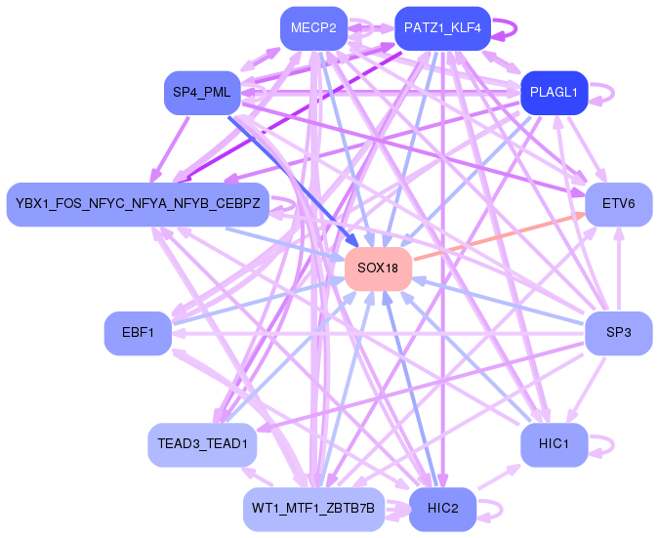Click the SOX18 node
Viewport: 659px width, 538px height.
(x=378, y=269)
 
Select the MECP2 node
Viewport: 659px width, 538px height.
(x=313, y=28)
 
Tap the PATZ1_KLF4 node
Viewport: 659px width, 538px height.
(x=442, y=28)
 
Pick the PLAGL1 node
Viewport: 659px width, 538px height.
(x=554, y=93)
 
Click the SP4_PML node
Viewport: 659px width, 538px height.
(x=202, y=93)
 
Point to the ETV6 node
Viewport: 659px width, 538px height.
(x=619, y=204)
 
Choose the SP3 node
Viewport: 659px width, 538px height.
(x=619, y=333)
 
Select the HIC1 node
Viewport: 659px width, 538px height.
(x=554, y=444)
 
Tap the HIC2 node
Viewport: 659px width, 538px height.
(x=442, y=509)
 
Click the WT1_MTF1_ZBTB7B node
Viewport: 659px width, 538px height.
(x=313, y=509)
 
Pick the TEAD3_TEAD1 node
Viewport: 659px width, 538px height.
(x=202, y=444)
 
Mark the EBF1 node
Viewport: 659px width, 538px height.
(x=138, y=333)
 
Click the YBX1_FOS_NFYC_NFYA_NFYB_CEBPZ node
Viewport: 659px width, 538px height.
(x=138, y=204)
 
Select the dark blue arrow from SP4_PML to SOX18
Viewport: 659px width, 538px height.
(x=293, y=182)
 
